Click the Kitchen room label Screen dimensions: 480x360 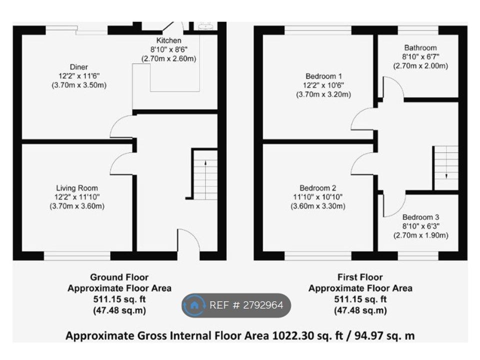pos(168,40)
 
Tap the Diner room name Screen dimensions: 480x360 pos(78,67)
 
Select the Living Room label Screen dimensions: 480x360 pos(77,188)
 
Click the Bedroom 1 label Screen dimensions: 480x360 pos(323,76)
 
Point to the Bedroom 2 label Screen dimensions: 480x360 pos(318,188)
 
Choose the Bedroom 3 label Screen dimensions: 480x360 pos(420,217)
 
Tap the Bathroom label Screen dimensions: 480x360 pos(420,48)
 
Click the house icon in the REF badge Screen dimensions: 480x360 pos(194,305)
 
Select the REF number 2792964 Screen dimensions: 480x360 pos(263,305)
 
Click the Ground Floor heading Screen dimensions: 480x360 pos(119,277)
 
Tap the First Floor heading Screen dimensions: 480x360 pos(360,277)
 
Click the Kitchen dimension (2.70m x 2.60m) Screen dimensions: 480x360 pos(168,58)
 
